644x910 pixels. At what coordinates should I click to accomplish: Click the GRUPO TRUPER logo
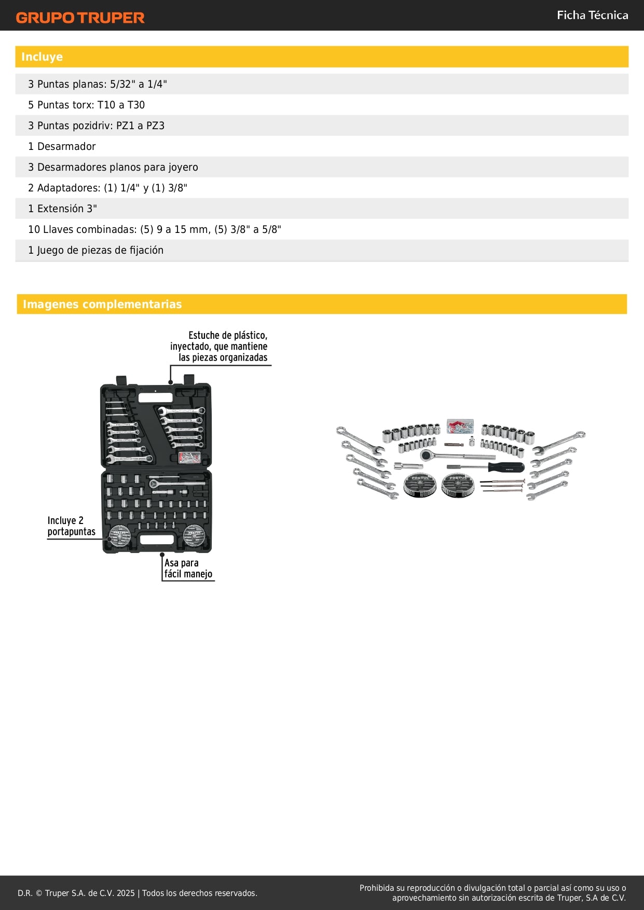tap(80, 18)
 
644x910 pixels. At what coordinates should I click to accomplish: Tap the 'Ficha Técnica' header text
tap(592, 16)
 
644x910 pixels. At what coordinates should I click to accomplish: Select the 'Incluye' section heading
tap(42, 57)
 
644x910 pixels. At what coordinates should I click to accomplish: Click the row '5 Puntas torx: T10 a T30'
tap(86, 105)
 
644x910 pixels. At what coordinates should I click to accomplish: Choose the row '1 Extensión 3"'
tap(62, 209)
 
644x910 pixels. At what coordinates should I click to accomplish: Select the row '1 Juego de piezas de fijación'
tap(95, 250)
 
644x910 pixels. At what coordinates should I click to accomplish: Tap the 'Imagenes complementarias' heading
tap(102, 305)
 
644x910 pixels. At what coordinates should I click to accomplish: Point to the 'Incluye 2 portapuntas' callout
tap(71, 526)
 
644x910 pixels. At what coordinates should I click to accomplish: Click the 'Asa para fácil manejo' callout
tap(188, 568)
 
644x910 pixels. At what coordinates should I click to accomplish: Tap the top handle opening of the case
tap(155, 398)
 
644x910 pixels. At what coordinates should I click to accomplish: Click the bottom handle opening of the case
tap(157, 540)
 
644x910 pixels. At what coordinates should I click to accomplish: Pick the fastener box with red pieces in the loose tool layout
tap(460, 426)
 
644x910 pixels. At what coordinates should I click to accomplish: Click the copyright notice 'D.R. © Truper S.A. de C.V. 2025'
tap(76, 893)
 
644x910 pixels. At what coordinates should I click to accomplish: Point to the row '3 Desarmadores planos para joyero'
tap(113, 167)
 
